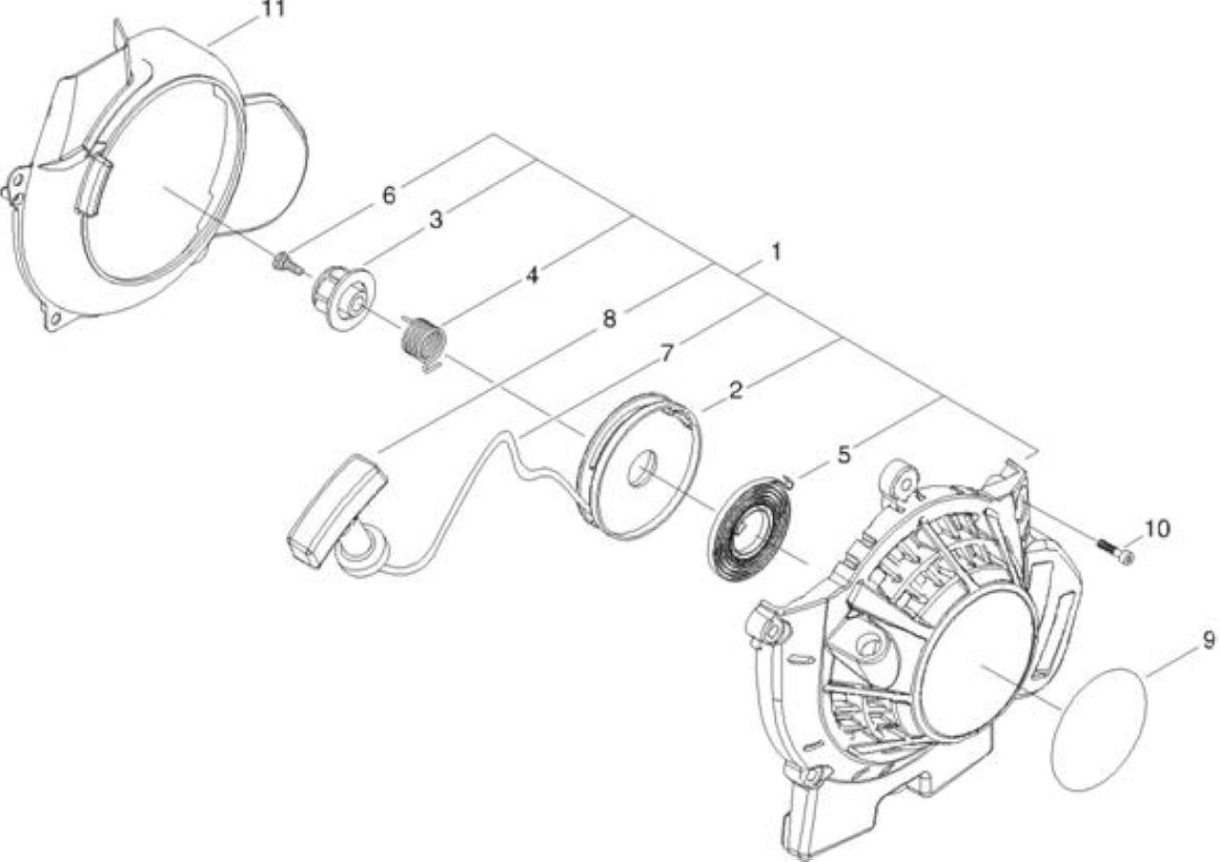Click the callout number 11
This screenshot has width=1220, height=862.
coord(274,9)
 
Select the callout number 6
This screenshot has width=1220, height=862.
coord(388,195)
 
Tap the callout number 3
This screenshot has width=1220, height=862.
coord(436,220)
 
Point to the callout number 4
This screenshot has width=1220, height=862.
coord(532,276)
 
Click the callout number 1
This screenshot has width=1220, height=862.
coord(776,252)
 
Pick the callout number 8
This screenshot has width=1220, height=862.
coord(609,318)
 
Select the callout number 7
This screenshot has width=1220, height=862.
coord(667,354)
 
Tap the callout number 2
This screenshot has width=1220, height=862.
coord(735,390)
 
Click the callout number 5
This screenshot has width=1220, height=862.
coord(844,455)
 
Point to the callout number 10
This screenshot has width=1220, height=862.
coord(1156,528)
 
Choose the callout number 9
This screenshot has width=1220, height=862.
coord(1209,640)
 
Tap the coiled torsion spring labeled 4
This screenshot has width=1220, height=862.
coord(424,343)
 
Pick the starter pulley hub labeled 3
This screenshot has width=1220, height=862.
coord(344,297)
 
